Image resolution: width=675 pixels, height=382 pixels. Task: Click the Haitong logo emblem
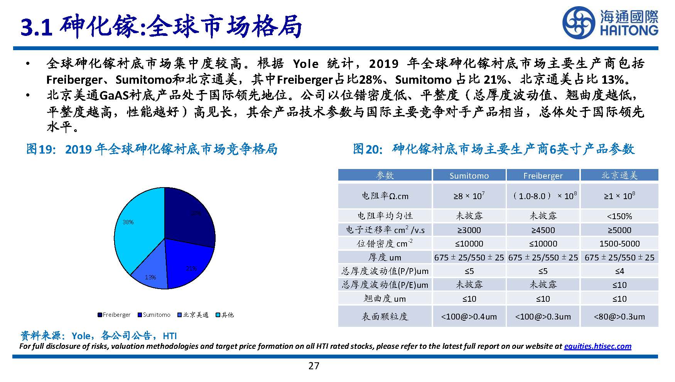[579, 22]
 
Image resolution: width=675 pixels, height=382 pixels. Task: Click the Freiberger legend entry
[114, 315]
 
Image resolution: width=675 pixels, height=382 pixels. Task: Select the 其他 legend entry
[225, 315]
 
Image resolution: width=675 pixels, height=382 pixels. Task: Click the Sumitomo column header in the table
[469, 176]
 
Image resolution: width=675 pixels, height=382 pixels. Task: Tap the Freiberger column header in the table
[543, 176]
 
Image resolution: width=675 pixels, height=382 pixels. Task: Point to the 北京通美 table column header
[619, 176]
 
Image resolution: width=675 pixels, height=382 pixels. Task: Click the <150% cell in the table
[619, 216]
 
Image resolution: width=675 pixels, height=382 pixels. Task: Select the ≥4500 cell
[543, 230]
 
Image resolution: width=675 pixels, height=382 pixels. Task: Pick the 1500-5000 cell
[619, 243]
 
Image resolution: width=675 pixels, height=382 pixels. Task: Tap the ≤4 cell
[619, 271]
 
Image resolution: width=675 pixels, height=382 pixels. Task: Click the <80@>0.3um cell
[619, 317]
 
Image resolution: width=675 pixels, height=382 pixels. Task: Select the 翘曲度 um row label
[385, 298]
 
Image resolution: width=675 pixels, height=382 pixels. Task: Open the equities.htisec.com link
[597, 346]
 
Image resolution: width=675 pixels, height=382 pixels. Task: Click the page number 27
[314, 366]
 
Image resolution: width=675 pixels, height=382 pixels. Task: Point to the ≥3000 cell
[469, 230]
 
